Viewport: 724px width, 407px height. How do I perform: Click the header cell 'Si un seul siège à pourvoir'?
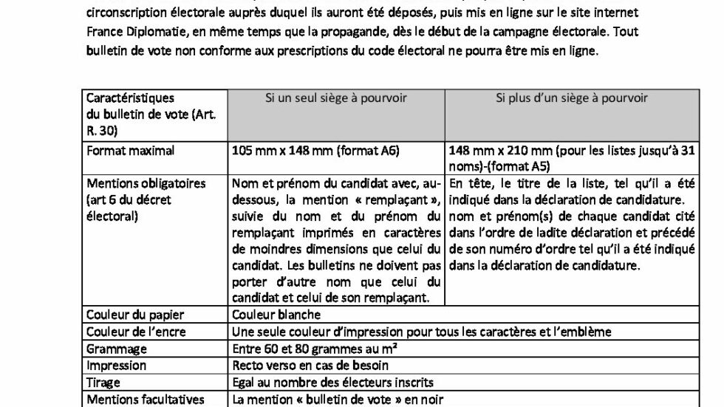point(336,98)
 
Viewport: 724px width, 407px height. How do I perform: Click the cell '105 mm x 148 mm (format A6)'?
point(315,151)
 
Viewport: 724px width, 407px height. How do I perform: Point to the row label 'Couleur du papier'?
point(135,315)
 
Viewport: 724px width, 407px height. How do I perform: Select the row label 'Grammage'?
point(117,349)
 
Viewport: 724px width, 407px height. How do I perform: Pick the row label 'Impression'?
point(116,366)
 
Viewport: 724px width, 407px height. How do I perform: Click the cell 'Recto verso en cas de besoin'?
point(310,366)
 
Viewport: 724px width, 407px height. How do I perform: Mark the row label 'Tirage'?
point(103,383)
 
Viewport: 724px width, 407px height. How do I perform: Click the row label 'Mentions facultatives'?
point(145,400)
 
